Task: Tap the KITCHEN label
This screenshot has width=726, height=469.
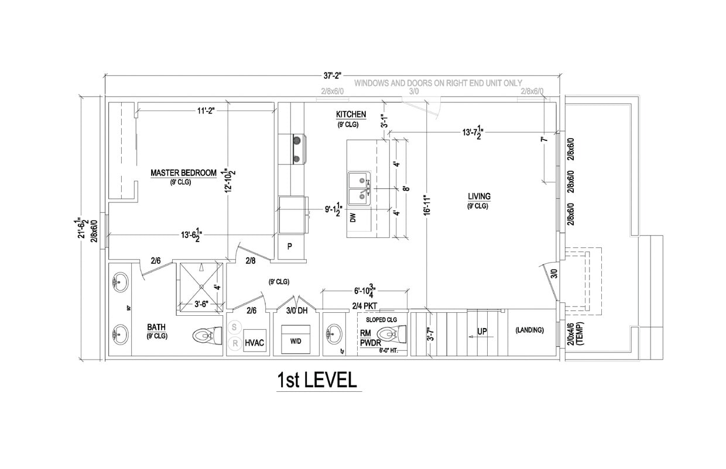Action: (351, 114)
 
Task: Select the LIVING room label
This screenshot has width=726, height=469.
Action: (479, 196)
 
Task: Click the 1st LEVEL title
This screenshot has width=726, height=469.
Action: (317, 380)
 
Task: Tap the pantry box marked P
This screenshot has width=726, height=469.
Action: (290, 247)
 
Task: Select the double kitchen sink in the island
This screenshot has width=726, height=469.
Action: (359, 188)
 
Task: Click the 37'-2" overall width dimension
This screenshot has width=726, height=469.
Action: (331, 75)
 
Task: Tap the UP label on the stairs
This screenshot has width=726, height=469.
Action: (482, 332)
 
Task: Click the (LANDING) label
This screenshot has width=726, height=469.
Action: (529, 330)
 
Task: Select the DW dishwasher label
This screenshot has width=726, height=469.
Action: (352, 218)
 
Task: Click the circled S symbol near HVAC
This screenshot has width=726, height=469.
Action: (234, 327)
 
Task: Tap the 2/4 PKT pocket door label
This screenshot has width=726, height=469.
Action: (365, 305)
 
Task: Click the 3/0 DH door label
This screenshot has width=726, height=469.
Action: (297, 311)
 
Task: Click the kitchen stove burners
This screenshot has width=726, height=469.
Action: (297, 149)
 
